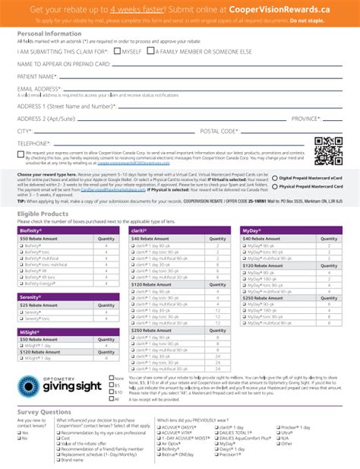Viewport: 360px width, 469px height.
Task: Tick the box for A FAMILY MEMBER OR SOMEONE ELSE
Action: pos(151,51)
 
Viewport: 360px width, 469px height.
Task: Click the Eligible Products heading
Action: pos(44,215)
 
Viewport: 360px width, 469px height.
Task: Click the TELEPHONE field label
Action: pos(33,143)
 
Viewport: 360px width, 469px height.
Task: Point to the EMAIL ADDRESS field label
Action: pos(39,89)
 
